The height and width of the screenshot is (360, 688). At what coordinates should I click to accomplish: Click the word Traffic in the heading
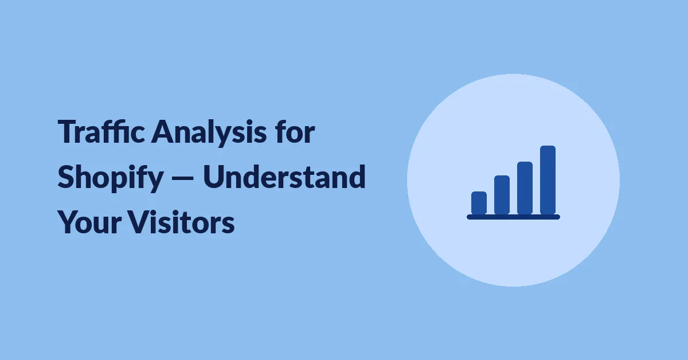(101, 131)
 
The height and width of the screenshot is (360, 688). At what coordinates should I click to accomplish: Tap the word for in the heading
(295, 131)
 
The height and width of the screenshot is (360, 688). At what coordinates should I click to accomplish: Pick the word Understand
(284, 177)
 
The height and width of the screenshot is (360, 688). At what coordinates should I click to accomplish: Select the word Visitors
(181, 221)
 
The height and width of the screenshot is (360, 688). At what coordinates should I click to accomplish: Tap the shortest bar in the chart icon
(479, 203)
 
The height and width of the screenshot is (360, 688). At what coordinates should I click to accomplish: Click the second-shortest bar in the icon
(502, 195)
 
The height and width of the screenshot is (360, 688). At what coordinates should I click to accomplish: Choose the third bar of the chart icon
(525, 188)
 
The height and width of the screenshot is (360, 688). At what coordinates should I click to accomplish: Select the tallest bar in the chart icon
(548, 180)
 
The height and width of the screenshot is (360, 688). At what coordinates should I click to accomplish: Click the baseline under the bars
(513, 217)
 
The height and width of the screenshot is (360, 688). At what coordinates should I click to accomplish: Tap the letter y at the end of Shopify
(154, 181)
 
